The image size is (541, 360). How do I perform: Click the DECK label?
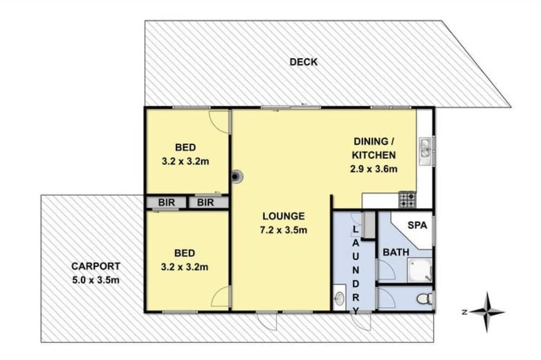tap(304, 62)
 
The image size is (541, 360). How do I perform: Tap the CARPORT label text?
tap(96, 266)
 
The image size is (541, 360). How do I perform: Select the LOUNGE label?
tap(283, 216)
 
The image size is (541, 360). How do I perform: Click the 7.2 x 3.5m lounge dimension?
tap(283, 230)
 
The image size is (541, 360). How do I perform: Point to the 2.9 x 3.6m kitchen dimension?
tap(374, 169)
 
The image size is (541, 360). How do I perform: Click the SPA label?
tap(417, 225)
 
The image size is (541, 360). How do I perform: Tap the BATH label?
tap(396, 252)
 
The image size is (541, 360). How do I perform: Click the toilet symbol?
tap(425, 298)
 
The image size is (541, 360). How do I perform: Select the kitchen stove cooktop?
tap(407, 200)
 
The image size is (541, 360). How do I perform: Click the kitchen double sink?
tap(425, 151)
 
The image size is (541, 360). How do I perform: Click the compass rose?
tap(487, 312)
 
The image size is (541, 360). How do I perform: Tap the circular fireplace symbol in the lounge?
tap(236, 177)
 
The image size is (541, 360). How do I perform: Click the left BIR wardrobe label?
tap(166, 202)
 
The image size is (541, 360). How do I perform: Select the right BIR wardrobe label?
tap(205, 202)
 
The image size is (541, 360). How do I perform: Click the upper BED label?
tap(185, 148)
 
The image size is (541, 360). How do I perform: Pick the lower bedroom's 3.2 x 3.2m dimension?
tap(184, 267)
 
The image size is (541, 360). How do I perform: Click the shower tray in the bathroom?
tap(420, 270)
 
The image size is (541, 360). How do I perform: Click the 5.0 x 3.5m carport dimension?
tap(96, 280)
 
